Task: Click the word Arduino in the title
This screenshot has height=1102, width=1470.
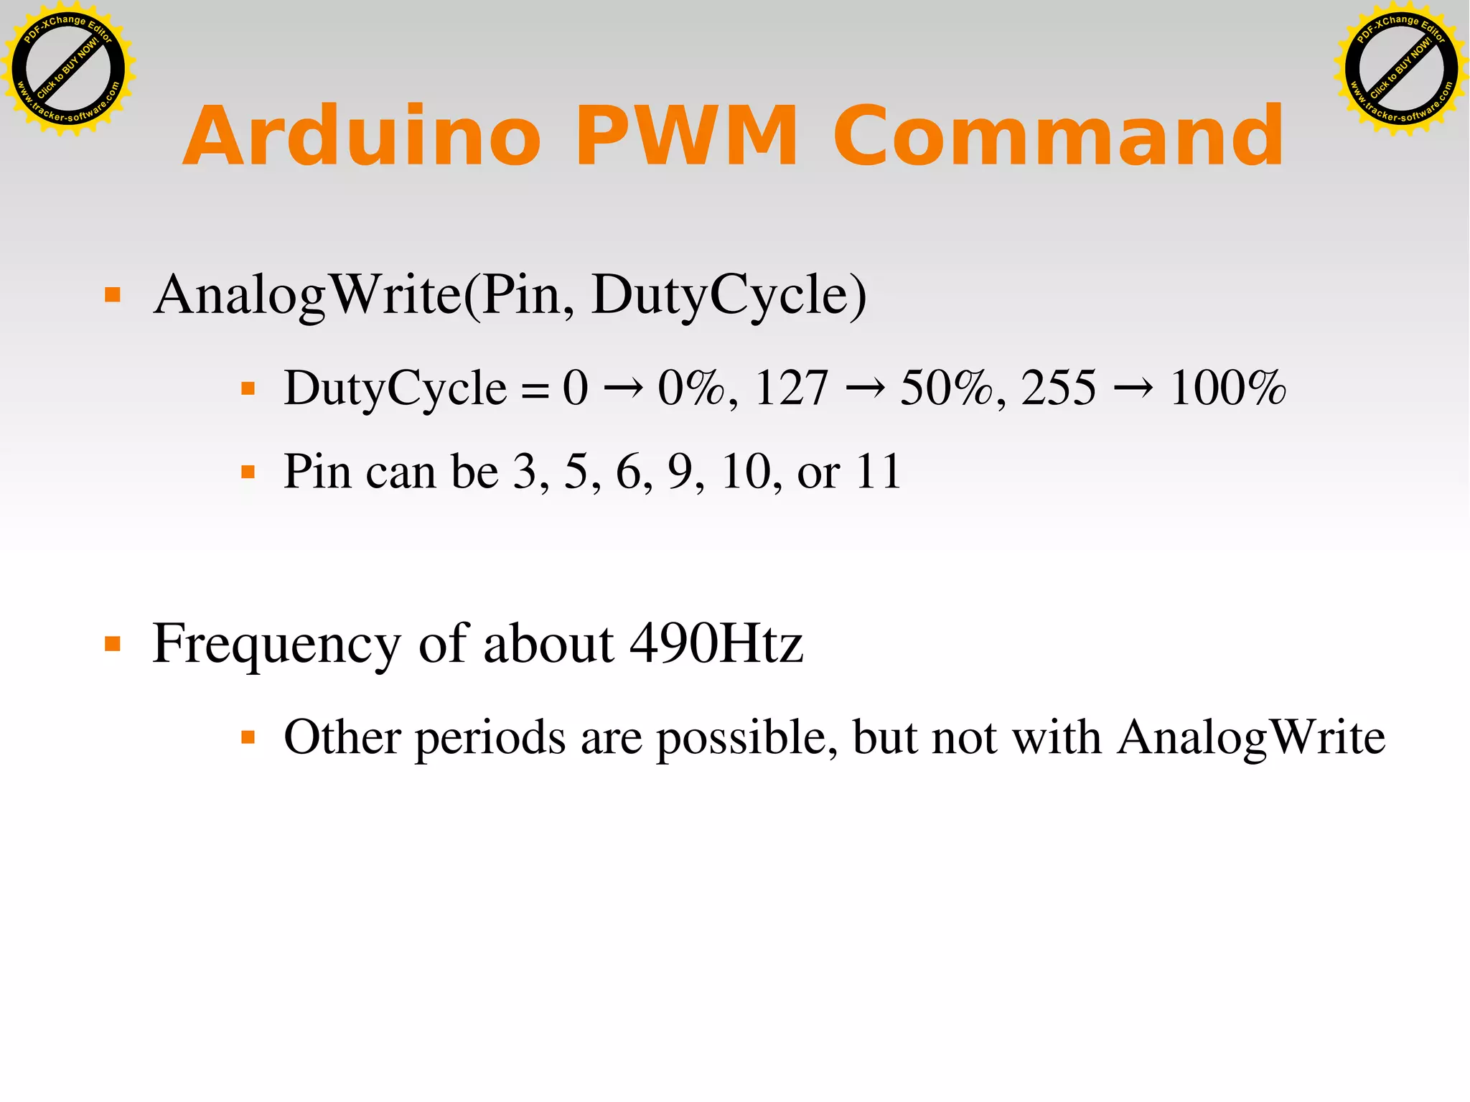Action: tap(362, 136)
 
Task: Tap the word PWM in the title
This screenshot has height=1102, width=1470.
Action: tap(686, 136)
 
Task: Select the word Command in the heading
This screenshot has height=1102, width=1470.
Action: tap(1058, 136)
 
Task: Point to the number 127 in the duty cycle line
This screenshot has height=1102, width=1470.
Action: tap(791, 388)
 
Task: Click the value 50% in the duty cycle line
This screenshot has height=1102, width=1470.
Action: tap(945, 388)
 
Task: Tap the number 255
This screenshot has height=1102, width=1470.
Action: tap(1058, 388)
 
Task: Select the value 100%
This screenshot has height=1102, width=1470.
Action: tap(1227, 388)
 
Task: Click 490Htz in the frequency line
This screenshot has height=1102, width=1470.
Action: tap(716, 643)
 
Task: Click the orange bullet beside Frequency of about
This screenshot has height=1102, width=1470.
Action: tap(113, 643)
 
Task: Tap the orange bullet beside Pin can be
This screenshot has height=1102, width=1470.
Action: tap(248, 472)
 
